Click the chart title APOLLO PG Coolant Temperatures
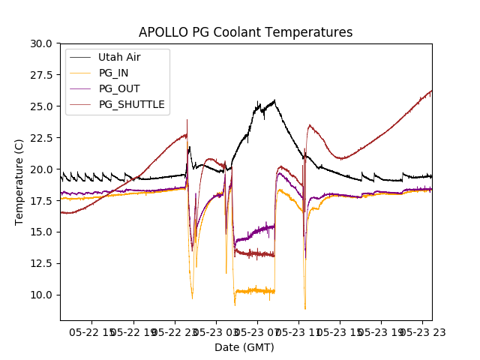coord(245,32)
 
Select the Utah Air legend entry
coord(118,57)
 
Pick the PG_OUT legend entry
coord(118,88)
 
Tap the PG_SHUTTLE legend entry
coord(131,104)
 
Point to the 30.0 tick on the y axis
coord(42,43)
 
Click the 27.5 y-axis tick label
coord(42,75)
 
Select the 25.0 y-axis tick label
coord(42,106)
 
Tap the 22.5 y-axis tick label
coord(42,137)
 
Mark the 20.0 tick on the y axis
coord(42,169)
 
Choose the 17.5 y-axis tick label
coord(42,200)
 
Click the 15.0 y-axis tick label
coord(42,232)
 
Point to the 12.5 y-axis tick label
coord(42,262)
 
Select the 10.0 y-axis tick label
coord(42,294)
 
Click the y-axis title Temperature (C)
coord(19,181)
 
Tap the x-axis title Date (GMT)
coord(244,347)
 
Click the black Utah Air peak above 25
coord(274,100)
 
